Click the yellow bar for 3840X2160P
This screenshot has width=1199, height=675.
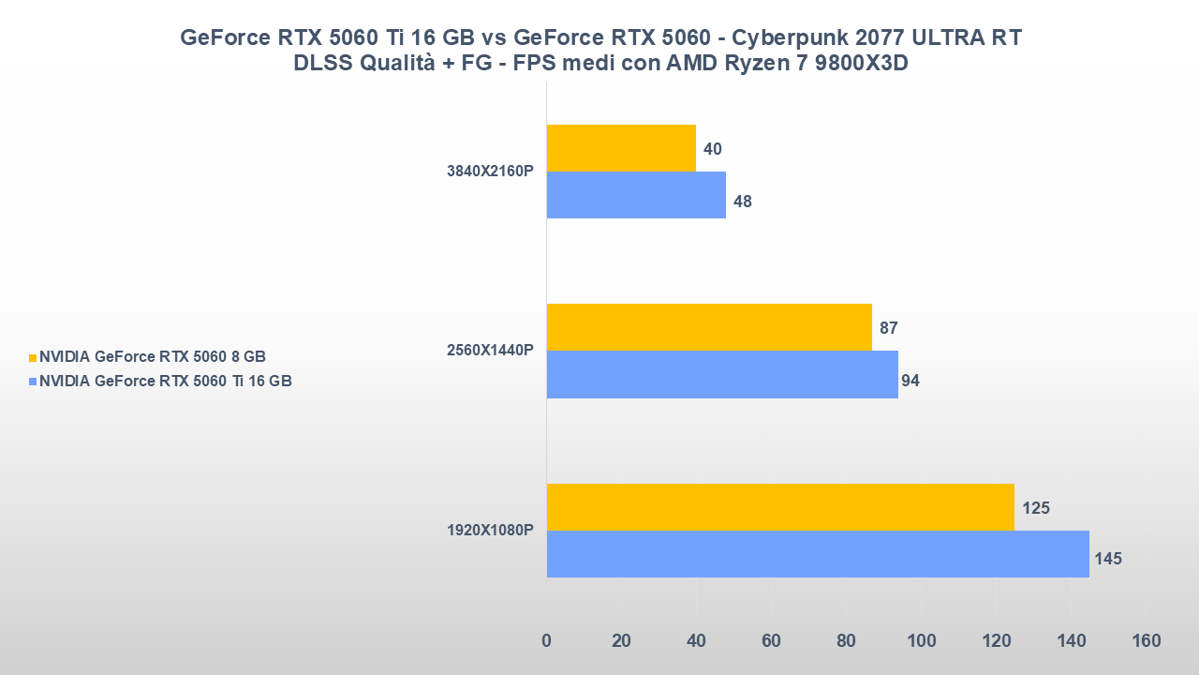[x=620, y=148]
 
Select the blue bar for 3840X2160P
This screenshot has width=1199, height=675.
[x=635, y=195]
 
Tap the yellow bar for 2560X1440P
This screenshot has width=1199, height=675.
[x=708, y=327]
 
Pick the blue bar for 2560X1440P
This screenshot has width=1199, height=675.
[x=721, y=374]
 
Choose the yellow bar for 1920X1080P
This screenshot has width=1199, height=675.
[x=779, y=507]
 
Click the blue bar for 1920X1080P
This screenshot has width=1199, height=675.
[x=817, y=554]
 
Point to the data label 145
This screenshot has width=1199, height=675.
[x=1107, y=559]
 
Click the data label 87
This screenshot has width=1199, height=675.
[x=889, y=328]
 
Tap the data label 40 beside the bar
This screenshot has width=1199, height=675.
[x=713, y=149]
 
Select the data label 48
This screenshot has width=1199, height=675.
[x=743, y=201]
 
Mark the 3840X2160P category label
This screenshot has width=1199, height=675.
[x=491, y=171]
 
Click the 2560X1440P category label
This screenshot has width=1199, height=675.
[x=491, y=351]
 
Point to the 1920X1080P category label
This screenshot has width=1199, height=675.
[x=491, y=531]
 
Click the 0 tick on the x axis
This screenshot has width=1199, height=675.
[x=546, y=641]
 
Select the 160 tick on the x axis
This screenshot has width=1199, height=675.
[x=1146, y=641]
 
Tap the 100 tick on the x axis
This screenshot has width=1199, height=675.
[x=921, y=641]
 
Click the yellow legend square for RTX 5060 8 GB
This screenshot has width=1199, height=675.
[x=33, y=357]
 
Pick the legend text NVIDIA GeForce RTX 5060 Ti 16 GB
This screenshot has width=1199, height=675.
[x=166, y=381]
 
